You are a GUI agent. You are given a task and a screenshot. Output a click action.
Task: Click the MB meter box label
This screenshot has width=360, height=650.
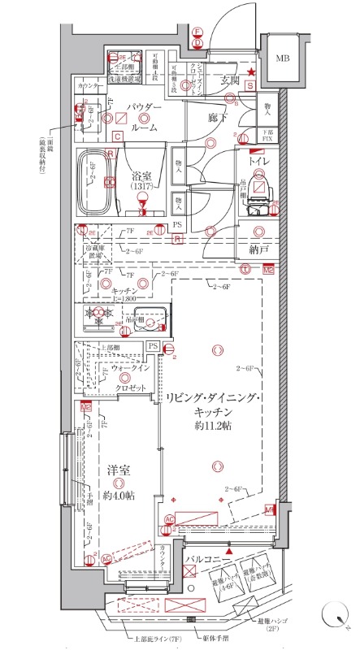(x=282, y=58)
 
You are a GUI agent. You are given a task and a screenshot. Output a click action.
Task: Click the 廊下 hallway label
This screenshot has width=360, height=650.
(x=215, y=117)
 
